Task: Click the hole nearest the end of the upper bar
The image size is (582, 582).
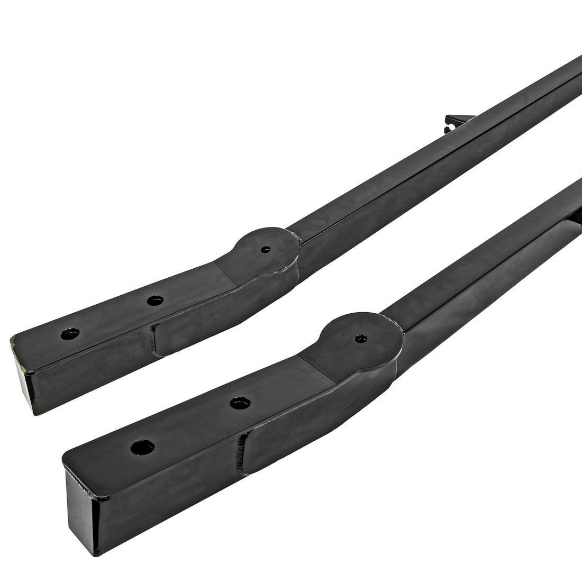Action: pos(70,334)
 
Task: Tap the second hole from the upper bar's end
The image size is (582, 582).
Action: pos(154,301)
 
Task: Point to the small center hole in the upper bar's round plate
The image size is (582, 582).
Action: pos(266,249)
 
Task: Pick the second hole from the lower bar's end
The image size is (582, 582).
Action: pos(240,403)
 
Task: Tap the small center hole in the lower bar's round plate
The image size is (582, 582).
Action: pos(361,338)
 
